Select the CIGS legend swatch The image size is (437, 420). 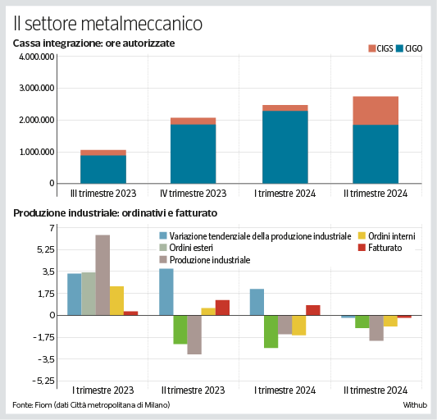[x=371, y=49]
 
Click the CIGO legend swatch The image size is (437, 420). [x=401, y=49]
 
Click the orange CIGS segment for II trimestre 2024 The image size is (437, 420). [x=376, y=111]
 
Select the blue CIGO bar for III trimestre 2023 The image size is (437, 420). [x=102, y=169]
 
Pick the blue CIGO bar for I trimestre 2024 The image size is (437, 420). [x=285, y=147]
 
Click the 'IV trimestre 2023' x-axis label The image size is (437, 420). [x=193, y=194]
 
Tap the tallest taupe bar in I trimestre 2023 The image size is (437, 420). [x=102, y=275]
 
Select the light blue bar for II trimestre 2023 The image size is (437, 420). [x=166, y=291]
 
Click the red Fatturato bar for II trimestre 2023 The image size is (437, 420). [x=222, y=308]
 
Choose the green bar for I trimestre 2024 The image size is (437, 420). [x=271, y=331]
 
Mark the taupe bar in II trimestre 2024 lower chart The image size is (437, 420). [x=376, y=327]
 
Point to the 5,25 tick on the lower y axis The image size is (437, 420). [x=43, y=249]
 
